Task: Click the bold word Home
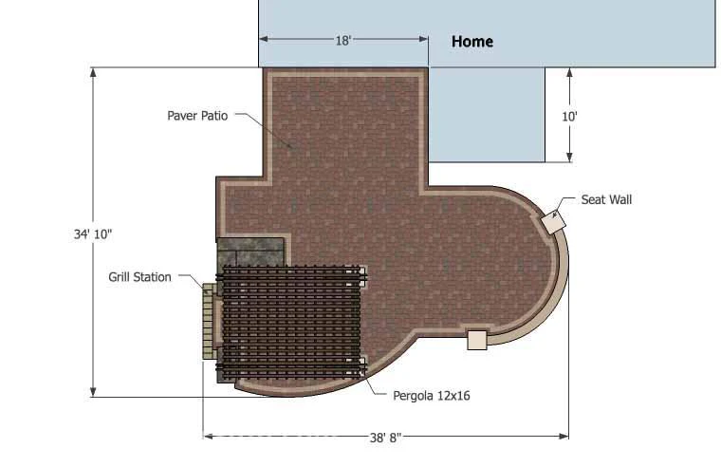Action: (472, 42)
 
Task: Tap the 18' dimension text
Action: (343, 41)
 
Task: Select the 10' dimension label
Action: (569, 117)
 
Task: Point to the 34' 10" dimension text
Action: (93, 234)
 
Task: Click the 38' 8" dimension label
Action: (385, 438)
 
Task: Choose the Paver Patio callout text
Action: (197, 116)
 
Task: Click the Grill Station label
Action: (139, 277)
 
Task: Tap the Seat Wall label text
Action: (606, 199)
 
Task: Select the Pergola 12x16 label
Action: (432, 396)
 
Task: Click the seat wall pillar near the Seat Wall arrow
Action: (553, 222)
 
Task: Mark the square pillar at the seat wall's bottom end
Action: (477, 341)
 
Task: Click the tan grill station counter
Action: (209, 321)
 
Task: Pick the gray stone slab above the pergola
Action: (250, 252)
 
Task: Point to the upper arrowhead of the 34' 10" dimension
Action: (93, 72)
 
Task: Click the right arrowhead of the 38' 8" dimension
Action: (564, 437)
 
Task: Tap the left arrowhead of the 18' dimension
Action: (264, 39)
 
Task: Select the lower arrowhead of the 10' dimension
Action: (570, 158)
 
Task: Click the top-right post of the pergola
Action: (362, 276)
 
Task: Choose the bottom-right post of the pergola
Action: (362, 366)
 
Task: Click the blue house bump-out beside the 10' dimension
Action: (487, 115)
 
